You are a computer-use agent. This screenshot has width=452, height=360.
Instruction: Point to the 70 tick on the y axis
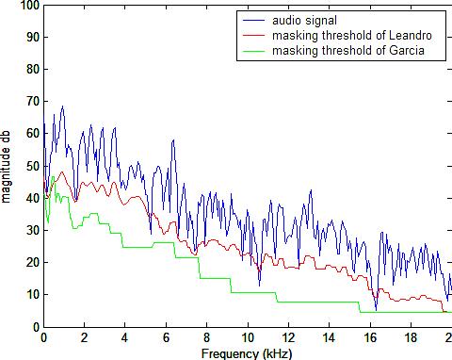click(33, 102)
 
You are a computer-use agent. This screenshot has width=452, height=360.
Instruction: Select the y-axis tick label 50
click(33, 166)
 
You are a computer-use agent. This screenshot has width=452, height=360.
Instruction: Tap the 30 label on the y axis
click(33, 230)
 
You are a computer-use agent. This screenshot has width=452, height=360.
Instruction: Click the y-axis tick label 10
click(33, 295)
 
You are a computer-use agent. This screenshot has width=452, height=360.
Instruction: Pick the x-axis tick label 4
click(125, 337)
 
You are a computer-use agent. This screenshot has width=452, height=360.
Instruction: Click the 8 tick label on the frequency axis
click(206, 337)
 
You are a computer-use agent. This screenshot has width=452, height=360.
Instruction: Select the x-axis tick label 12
click(288, 337)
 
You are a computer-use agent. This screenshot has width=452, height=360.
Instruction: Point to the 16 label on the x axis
click(370, 337)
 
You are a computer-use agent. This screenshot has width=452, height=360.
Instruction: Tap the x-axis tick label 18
click(411, 337)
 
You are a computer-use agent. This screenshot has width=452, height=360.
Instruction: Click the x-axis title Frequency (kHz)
click(247, 353)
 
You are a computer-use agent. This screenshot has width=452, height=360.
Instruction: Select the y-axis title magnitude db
click(6, 167)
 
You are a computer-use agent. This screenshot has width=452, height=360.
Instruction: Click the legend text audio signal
click(304, 21)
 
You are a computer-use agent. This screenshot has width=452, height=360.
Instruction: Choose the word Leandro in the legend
click(411, 35)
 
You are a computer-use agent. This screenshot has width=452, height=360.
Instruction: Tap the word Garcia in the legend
click(407, 50)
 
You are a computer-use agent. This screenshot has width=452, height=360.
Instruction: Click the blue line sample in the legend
click(254, 21)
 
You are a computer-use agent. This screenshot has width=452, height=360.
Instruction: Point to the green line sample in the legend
click(254, 50)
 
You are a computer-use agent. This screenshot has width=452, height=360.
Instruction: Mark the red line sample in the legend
click(254, 36)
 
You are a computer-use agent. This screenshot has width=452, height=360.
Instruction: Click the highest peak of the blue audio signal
click(63, 106)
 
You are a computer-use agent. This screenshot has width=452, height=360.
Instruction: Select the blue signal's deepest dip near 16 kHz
click(376, 309)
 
